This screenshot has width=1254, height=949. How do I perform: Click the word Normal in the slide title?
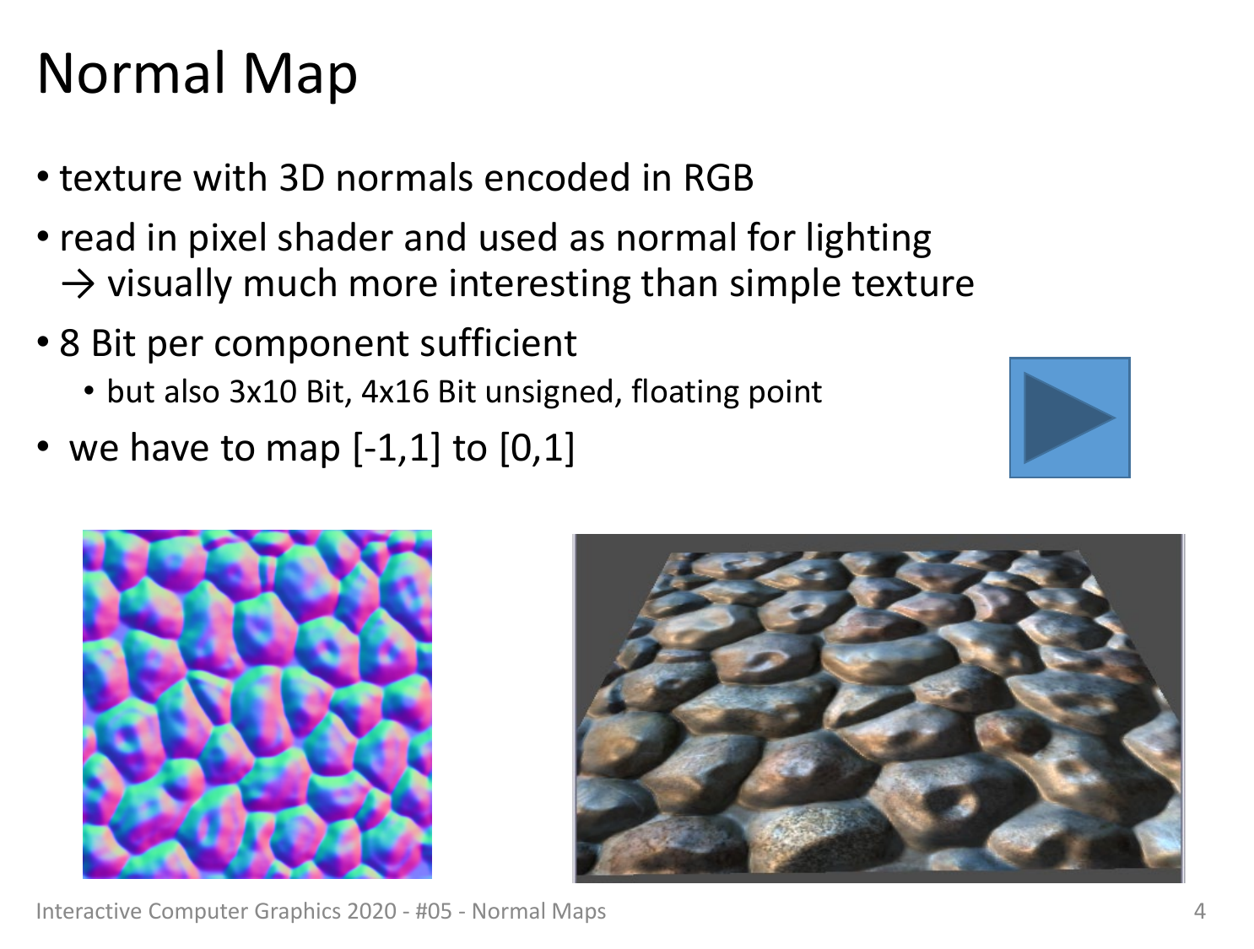click(x=132, y=73)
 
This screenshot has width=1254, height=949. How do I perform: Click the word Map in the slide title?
click(x=300, y=78)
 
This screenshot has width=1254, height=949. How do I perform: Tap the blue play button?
click(x=1069, y=418)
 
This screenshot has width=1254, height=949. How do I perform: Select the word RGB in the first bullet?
click(x=718, y=177)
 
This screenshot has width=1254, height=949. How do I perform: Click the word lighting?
click(x=868, y=239)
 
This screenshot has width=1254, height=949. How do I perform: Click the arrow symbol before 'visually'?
click(x=78, y=284)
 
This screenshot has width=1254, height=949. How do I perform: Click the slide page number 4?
click(x=1200, y=911)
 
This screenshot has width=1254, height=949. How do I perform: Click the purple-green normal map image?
click(x=257, y=704)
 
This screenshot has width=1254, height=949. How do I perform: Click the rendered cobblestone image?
click(x=878, y=708)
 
